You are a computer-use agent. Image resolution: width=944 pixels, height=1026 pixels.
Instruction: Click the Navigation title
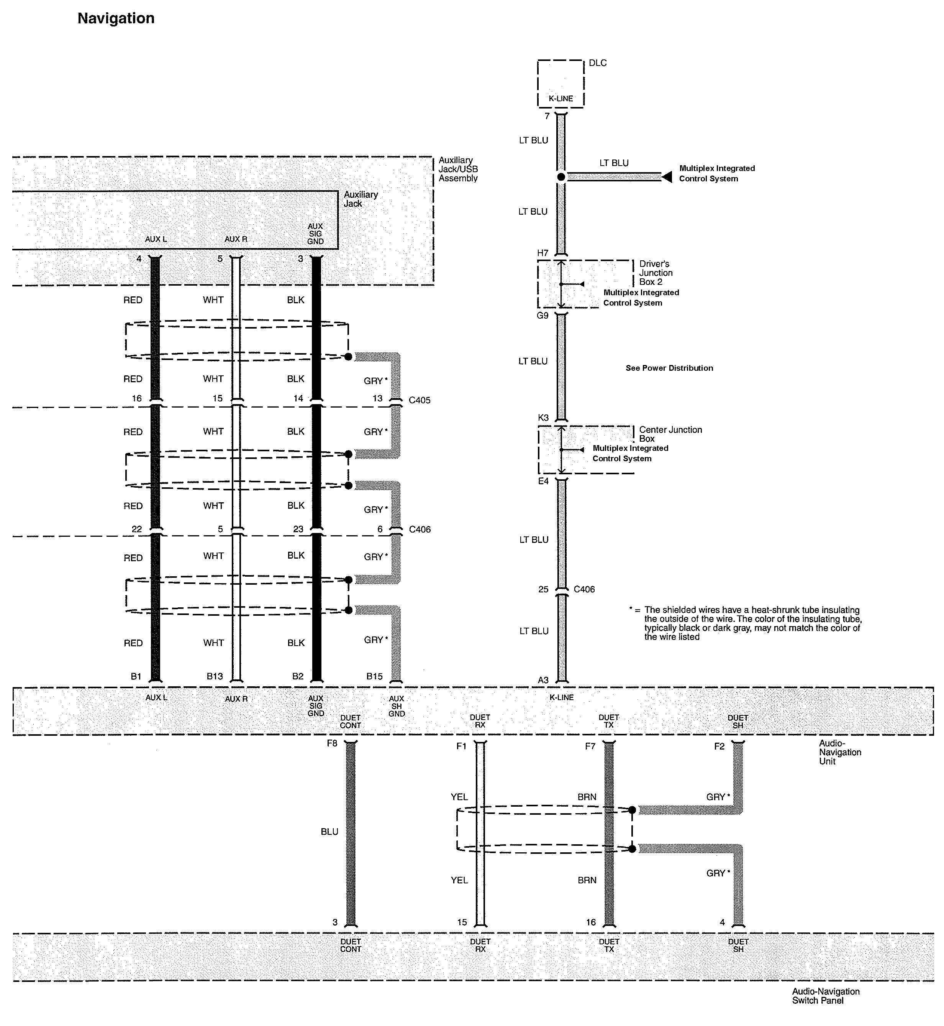pos(116,18)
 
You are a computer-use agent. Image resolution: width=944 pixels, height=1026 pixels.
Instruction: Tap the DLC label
pos(598,63)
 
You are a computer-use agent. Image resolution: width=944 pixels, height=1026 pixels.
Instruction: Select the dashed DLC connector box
pos(560,83)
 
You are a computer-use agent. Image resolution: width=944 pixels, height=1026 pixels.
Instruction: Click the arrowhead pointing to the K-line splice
pos(667,177)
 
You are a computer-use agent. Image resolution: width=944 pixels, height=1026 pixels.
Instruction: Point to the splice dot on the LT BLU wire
pos(561,177)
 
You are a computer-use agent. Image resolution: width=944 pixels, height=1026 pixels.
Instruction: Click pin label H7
pos(542,253)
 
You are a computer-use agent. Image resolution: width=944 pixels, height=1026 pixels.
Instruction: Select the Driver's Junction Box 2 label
pos(656,273)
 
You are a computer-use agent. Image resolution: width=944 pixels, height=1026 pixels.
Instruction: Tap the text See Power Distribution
pos(669,368)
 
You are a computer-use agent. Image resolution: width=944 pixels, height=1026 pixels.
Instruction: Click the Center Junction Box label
pos(670,434)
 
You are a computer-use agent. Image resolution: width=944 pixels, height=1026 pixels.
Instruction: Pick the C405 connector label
pos(420,400)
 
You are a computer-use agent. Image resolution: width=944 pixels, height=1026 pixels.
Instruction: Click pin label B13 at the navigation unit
pos(215,676)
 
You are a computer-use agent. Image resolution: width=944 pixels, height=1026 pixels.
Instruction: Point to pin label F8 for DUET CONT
pos(332,743)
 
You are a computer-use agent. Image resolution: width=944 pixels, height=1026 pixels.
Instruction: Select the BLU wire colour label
pos(329,832)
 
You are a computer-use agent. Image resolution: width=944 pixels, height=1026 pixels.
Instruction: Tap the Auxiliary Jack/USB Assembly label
pos(458,169)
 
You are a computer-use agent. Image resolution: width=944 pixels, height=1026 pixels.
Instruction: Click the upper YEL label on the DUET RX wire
pos(459,797)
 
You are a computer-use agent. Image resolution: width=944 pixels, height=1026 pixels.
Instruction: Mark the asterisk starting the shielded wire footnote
pos(632,609)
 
